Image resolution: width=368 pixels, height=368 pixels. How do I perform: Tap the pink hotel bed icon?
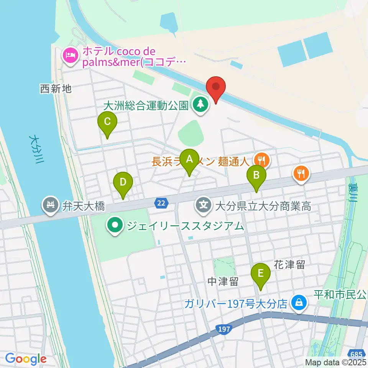click(x=70, y=56)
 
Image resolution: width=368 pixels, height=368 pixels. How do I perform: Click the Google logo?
click(x=26, y=359)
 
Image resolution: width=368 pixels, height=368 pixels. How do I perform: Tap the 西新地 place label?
click(x=56, y=89)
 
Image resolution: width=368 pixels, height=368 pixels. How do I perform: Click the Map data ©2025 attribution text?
click(x=336, y=362)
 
